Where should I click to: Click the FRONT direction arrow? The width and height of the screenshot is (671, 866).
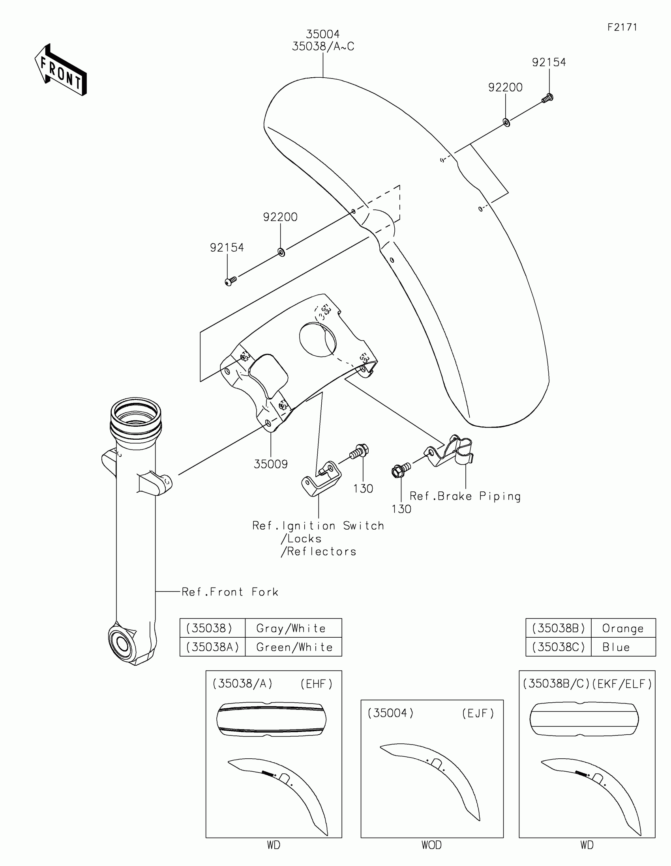(61, 71)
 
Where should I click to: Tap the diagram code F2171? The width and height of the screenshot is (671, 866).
(622, 27)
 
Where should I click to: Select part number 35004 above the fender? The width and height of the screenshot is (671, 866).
(322, 34)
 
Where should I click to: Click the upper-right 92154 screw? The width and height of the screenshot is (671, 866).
(547, 98)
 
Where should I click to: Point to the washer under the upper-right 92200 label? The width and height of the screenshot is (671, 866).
(506, 122)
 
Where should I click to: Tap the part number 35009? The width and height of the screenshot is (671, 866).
(271, 464)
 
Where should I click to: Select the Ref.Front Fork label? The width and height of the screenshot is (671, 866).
(230, 592)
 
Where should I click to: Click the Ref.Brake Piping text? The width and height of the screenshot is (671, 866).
(465, 496)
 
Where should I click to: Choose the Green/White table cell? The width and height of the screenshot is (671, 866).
(294, 647)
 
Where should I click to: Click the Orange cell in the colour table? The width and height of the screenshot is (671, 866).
(622, 628)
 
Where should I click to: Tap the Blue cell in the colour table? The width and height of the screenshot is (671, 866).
(616, 647)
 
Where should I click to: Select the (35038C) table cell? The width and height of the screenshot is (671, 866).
(558, 647)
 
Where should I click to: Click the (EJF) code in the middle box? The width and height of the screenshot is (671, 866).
(478, 713)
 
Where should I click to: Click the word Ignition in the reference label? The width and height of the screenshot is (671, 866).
(309, 526)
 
